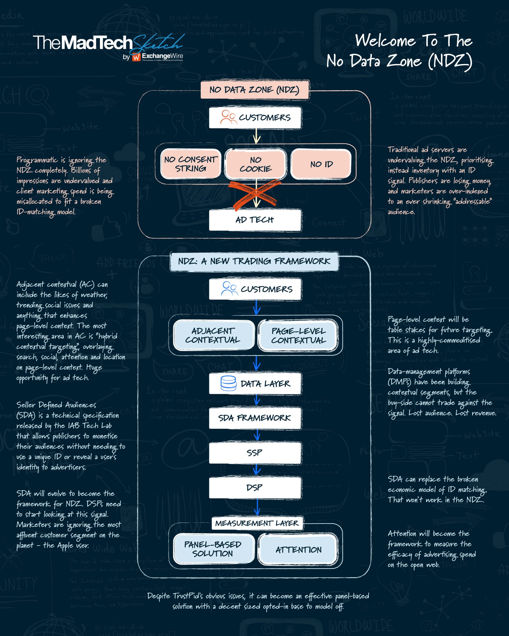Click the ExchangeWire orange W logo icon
136,57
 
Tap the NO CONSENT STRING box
191,164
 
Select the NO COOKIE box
255,164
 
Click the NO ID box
321,164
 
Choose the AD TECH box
255,220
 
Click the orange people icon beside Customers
228,118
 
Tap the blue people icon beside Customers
229,289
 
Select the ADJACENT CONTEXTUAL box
213,335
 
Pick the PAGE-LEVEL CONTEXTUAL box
298,335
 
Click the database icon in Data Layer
228,383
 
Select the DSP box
255,488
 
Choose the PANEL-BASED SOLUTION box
213,549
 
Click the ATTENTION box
298,550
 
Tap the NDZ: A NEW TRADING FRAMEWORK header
254,261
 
